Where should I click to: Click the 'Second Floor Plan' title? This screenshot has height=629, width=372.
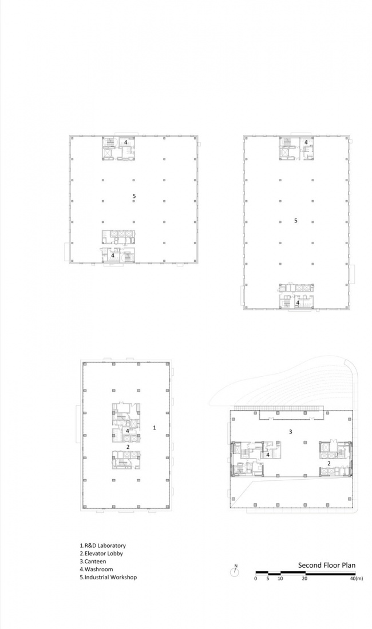point(327,565)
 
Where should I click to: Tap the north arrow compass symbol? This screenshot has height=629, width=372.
point(235,571)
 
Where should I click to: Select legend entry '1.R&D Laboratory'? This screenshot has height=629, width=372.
point(103,546)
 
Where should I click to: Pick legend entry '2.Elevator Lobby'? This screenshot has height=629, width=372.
point(101,554)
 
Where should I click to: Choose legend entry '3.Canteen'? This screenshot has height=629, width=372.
point(93,562)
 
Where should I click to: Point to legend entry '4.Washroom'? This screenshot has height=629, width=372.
point(96,569)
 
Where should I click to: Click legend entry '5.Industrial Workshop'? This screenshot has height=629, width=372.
point(108,578)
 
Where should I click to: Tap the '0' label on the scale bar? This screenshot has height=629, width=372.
point(256,579)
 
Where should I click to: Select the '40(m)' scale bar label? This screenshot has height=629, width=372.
point(356,579)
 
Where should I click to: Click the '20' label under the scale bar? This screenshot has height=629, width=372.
point(305,579)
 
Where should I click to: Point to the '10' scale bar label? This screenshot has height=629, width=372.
point(280,579)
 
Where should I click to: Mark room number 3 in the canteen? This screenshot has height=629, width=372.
point(291,432)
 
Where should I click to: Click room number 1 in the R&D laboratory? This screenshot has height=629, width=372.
point(155,428)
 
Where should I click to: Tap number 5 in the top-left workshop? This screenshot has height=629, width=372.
point(134,196)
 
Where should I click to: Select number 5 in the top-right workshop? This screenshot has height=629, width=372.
point(296,221)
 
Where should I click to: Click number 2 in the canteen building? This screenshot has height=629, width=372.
point(329,463)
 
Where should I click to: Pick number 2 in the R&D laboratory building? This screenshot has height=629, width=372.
point(128,447)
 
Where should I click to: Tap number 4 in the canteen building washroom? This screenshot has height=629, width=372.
point(268,455)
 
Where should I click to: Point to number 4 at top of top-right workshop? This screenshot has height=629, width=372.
point(306,142)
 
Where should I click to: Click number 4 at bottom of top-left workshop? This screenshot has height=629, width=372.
point(113,255)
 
